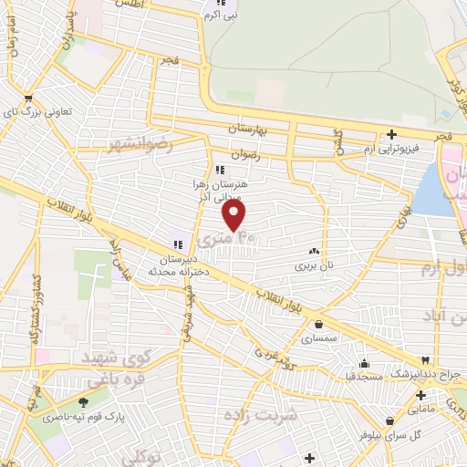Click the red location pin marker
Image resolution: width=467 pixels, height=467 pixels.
pyautogui.click(x=235, y=215)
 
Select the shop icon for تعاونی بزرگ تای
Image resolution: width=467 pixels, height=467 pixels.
pyautogui.click(x=29, y=99)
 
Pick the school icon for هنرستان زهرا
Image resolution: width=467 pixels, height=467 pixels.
pyautogui.click(x=219, y=170)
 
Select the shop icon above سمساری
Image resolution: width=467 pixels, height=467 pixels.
pyautogui.click(x=318, y=324)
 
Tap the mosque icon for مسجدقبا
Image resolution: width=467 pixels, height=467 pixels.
pyautogui.click(x=363, y=361)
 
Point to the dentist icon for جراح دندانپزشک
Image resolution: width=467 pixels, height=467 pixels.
pyautogui.click(x=424, y=360)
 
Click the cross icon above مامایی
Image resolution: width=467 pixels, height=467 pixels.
pyautogui.click(x=420, y=395)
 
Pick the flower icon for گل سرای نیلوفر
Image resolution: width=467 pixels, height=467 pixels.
pyautogui.click(x=389, y=421)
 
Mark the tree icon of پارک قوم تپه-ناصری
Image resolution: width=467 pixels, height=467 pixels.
pyautogui.click(x=84, y=402)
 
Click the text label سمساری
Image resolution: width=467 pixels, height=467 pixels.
pyautogui.click(x=318, y=338)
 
